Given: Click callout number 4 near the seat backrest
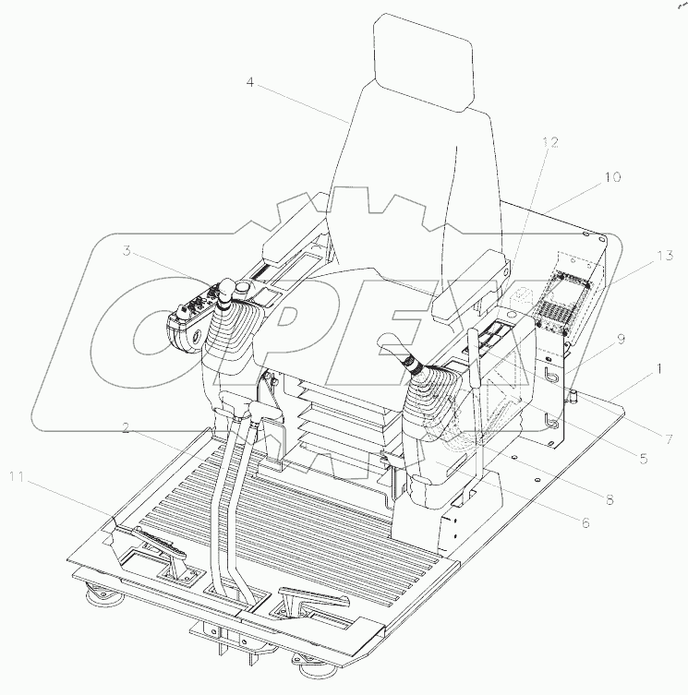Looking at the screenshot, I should click(x=249, y=82).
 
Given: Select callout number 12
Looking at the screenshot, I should click(x=550, y=142).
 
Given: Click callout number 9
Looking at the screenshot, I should click(x=622, y=339).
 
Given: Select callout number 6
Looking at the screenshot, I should click(x=583, y=521).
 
